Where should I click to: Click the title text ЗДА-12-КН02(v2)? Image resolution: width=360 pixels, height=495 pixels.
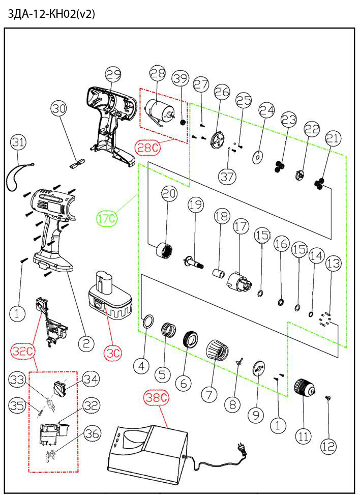click(x=51, y=14)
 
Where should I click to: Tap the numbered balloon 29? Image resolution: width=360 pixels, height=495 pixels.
click(x=113, y=74)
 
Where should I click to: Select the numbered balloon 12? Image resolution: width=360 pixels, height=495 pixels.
click(x=328, y=446)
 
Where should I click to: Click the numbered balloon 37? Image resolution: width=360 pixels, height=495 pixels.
click(x=227, y=176)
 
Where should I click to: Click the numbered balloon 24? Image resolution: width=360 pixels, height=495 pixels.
click(x=266, y=110)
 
